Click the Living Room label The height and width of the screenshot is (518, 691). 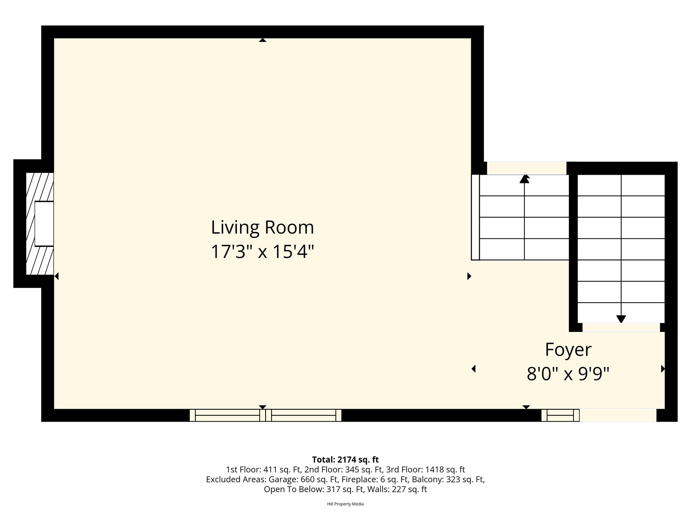pyautogui.click(x=262, y=228)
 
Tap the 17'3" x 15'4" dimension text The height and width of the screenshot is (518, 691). pyautogui.click(x=262, y=252)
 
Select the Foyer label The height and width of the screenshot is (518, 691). pyautogui.click(x=568, y=350)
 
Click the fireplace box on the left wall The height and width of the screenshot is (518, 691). pyautogui.click(x=44, y=224)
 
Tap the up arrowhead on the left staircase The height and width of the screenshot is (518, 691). pyautogui.click(x=524, y=179)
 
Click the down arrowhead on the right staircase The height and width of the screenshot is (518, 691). pyautogui.click(x=621, y=319)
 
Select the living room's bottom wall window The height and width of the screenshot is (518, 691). pyautogui.click(x=266, y=415)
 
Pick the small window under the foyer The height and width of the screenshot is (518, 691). pyautogui.click(x=560, y=415)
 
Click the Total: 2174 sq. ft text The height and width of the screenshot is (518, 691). pyautogui.click(x=345, y=460)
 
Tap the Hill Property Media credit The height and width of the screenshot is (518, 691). pyautogui.click(x=345, y=504)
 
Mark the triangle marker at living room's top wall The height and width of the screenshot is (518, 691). pyautogui.click(x=262, y=40)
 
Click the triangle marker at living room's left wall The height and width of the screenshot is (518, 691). pyautogui.click(x=56, y=276)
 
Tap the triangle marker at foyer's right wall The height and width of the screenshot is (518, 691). pyautogui.click(x=663, y=369)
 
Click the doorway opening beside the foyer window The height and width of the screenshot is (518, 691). pyautogui.click(x=618, y=415)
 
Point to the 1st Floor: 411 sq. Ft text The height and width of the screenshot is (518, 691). pyautogui.click(x=264, y=470)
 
